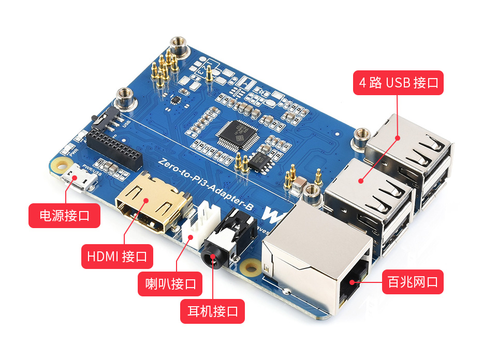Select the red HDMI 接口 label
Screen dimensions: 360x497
117,256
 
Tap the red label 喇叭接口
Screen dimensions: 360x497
170,283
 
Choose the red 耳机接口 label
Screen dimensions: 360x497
212,311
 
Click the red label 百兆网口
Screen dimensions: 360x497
413,282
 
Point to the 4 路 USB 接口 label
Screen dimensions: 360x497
398,83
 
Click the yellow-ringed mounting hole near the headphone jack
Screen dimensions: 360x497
252,268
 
